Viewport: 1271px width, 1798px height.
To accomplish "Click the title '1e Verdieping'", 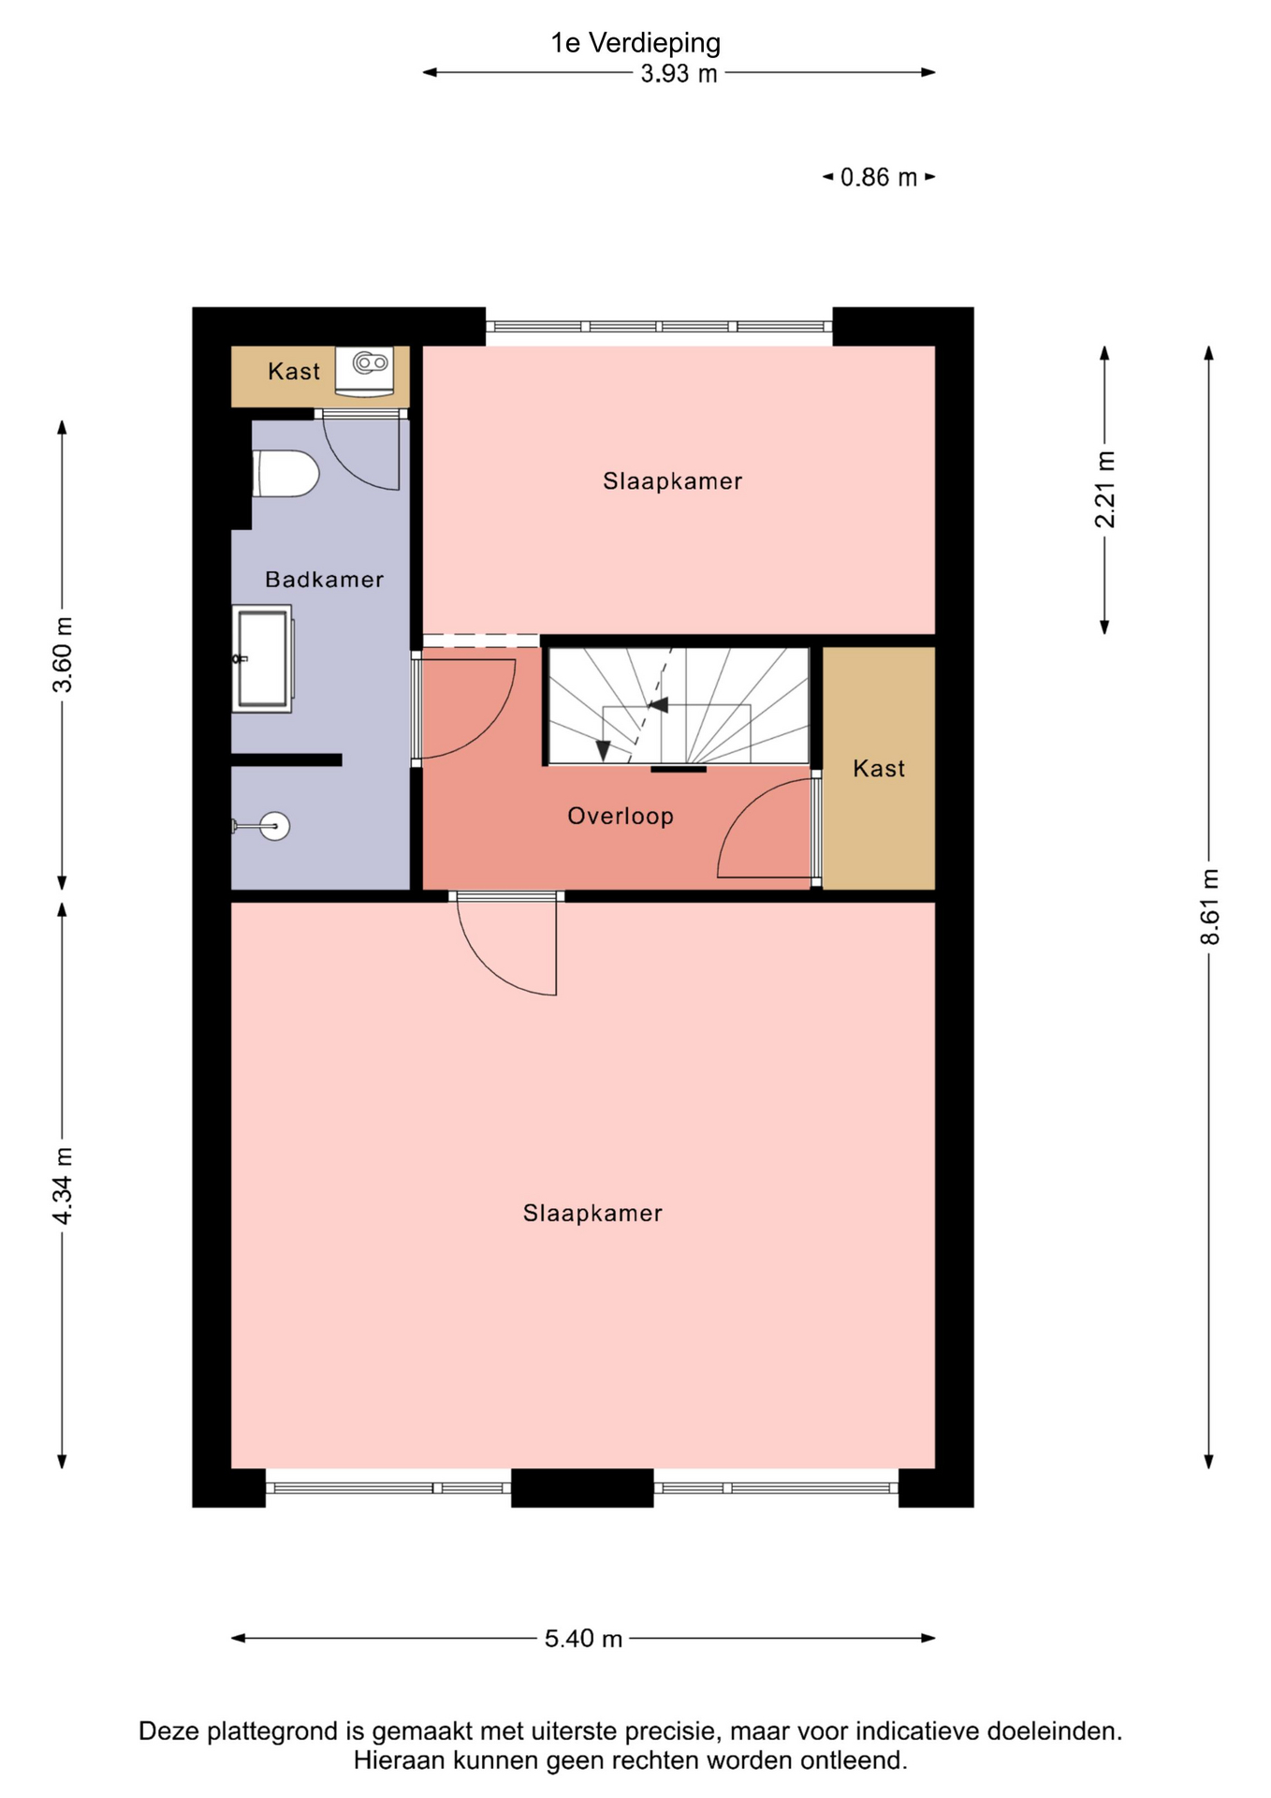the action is [635, 43].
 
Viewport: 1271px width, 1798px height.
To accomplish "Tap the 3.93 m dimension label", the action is [679, 74].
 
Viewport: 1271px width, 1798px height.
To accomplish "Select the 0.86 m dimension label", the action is [878, 177].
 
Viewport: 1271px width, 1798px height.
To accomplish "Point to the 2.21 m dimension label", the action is [1105, 489].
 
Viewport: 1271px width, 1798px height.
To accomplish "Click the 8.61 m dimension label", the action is [1210, 906].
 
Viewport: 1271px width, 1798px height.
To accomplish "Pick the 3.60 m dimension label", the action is [62, 655].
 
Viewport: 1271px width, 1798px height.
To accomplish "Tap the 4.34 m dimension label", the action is [62, 1186].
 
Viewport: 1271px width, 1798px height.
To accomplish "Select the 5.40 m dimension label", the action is [583, 1639].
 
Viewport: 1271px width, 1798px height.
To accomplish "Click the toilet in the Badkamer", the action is [286, 474].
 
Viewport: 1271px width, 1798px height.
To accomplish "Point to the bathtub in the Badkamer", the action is [263, 658].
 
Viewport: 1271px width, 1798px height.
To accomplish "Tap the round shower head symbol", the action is [275, 826].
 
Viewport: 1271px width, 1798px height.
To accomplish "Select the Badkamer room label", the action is [325, 580].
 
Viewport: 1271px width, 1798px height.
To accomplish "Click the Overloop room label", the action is [621, 817].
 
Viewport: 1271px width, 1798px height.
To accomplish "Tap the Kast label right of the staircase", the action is [879, 769].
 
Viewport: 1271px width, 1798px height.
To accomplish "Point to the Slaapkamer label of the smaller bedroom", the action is [672, 481].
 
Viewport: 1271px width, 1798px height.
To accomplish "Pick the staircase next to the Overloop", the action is [679, 705].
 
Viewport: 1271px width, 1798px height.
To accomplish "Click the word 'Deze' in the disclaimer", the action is [169, 1732].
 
